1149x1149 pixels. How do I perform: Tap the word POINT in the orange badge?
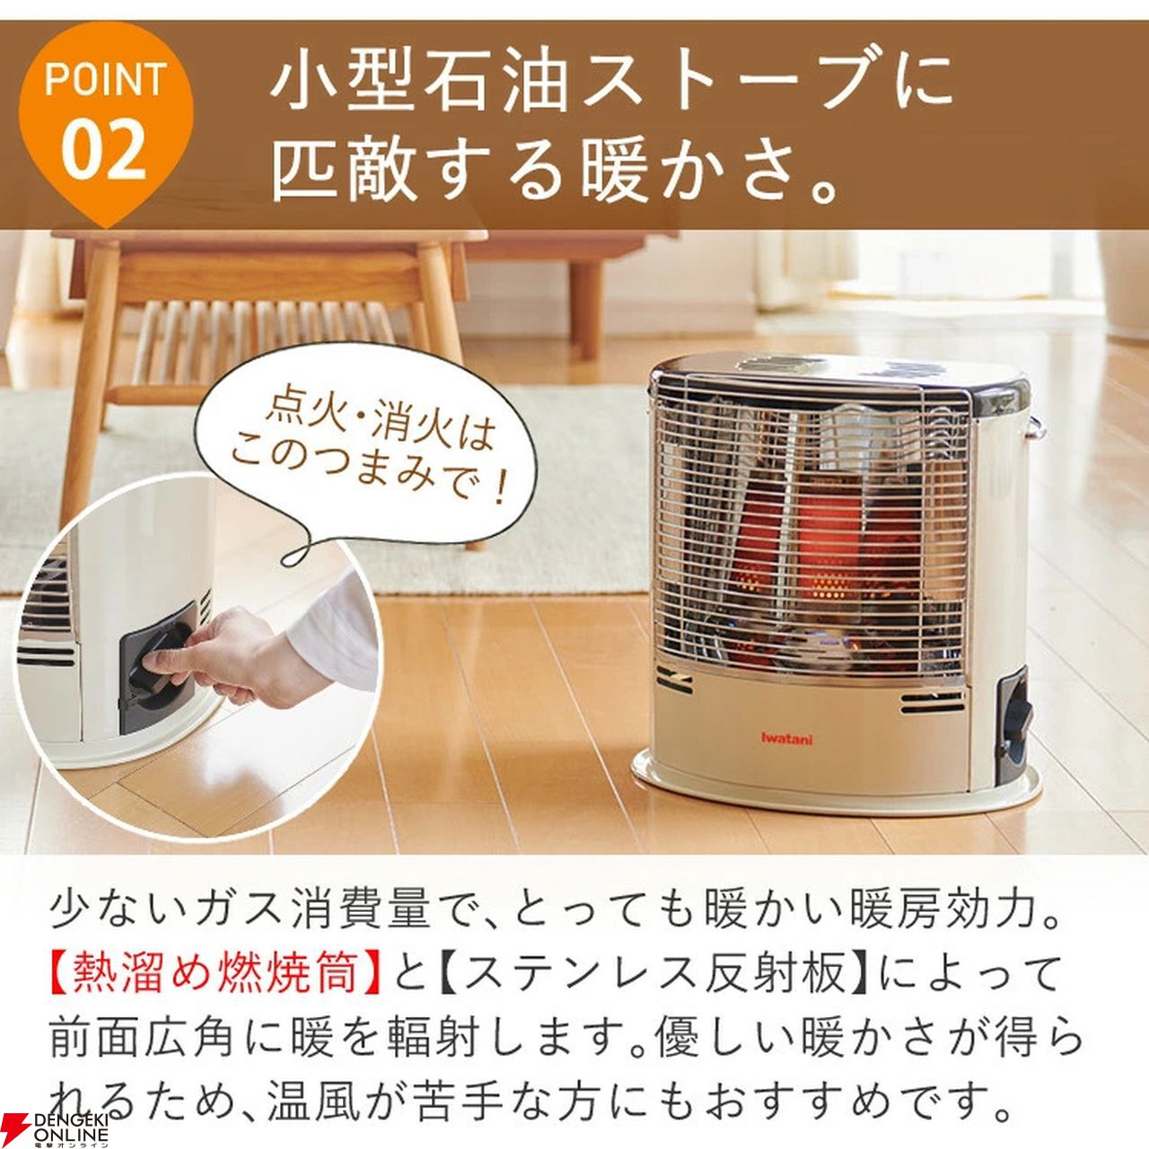(105, 80)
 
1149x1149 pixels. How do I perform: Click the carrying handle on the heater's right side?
(1035, 427)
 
